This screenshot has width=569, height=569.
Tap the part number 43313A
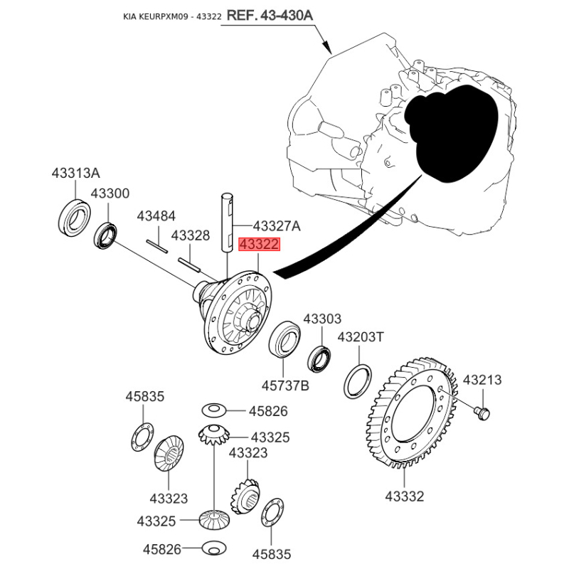75,173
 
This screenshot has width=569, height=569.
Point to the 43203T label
361,336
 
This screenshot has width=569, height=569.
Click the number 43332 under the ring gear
404,496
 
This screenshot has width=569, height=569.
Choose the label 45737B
284,385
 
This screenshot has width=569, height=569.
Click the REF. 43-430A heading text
271,15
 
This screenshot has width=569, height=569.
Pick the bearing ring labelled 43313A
74,218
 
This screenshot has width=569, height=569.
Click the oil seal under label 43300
107,236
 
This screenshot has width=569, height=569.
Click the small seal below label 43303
319,358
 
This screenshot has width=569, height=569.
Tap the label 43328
190,235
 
